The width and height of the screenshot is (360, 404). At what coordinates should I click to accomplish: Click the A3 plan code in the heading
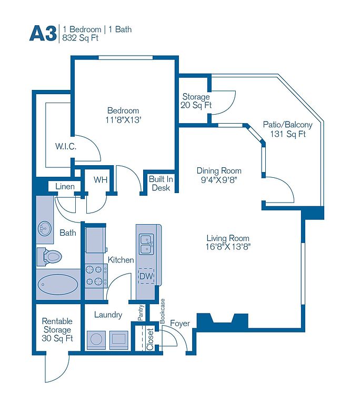point(42,33)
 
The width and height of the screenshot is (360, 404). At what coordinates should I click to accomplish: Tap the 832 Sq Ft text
point(81,38)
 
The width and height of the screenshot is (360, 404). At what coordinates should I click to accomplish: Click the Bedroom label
point(123,110)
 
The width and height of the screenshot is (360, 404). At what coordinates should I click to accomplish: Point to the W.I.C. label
point(66,147)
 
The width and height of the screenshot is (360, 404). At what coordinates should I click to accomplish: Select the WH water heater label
point(101,180)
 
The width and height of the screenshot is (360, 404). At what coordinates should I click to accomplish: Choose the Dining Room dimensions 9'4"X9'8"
point(219,179)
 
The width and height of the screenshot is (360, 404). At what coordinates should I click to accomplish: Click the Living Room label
point(227,238)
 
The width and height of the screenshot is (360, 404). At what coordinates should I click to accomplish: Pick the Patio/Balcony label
point(287,125)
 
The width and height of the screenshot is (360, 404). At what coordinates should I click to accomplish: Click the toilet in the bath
point(50,257)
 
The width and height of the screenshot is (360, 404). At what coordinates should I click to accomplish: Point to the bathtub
point(58,284)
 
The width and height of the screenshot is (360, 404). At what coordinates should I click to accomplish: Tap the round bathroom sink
point(45,227)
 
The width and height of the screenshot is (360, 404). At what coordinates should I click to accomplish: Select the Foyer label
point(179,324)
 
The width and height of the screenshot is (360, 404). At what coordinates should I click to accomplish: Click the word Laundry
point(108,315)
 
